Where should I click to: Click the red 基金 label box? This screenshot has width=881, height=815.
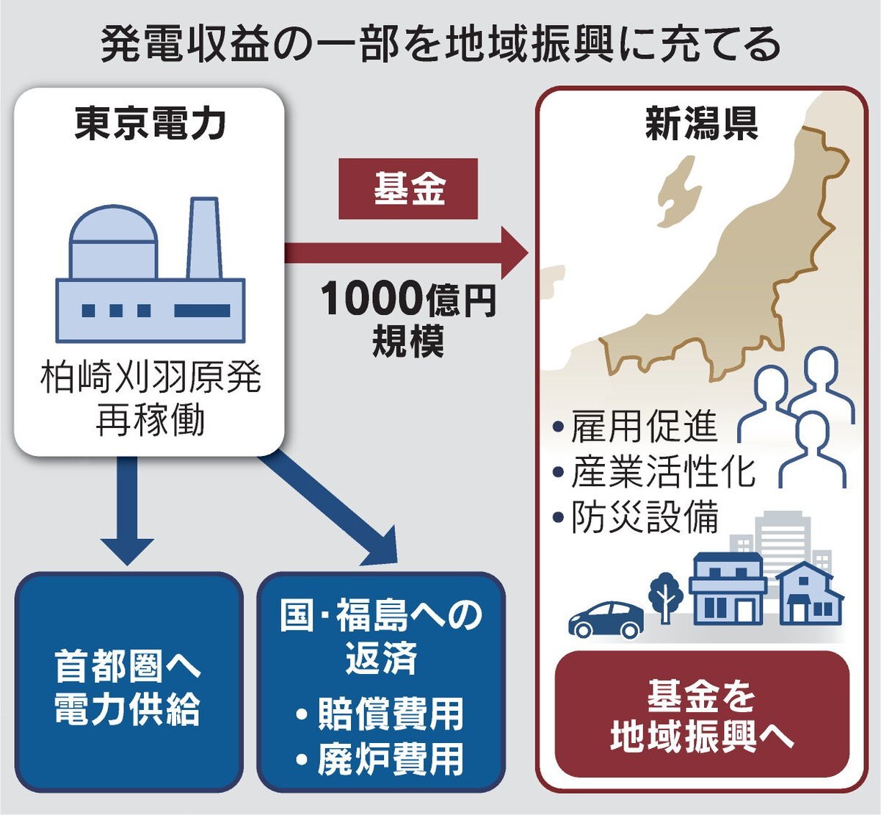[x=407, y=189]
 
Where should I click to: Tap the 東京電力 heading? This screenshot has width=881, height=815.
[x=150, y=123]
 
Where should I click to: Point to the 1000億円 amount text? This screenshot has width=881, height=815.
[x=407, y=299]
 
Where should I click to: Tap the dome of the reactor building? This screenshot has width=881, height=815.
[x=114, y=228]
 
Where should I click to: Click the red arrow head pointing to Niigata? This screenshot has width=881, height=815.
[x=514, y=253]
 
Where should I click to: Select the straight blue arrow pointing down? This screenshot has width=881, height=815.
[x=127, y=514]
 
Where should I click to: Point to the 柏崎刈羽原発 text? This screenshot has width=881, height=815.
[x=150, y=378]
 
